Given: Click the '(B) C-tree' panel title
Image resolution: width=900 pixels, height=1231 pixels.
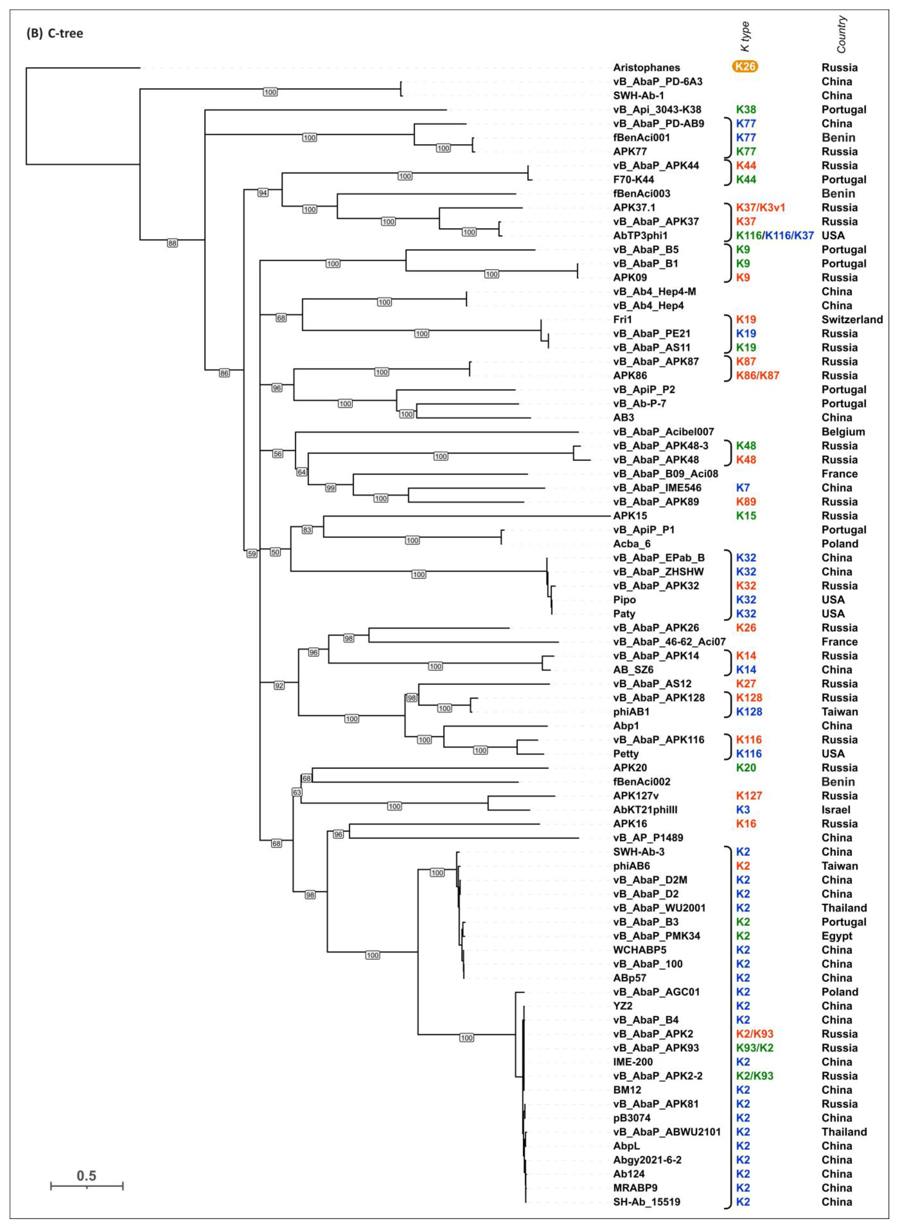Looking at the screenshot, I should coord(55,34).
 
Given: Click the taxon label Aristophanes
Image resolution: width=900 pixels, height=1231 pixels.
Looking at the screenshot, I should coord(646,68).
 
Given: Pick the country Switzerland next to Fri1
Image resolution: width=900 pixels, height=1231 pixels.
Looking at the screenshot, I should coord(851,320).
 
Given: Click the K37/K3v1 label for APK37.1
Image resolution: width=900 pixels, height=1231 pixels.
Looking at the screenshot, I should coord(760,207).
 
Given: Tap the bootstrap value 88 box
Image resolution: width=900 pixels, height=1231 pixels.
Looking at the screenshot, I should coord(172,243).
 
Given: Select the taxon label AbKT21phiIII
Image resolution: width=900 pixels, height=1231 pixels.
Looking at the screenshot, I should coord(645,810).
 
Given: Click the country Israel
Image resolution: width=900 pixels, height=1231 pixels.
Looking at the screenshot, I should coord(836,810).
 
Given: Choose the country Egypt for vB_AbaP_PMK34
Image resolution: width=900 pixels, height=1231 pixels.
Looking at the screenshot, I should coord(837,936).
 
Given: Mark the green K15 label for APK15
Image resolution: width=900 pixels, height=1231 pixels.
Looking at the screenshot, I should coord(746,516).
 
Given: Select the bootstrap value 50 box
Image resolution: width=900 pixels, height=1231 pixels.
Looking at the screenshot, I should coord(275,552).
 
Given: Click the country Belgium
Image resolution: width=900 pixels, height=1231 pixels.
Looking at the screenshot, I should coord(843,432).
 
